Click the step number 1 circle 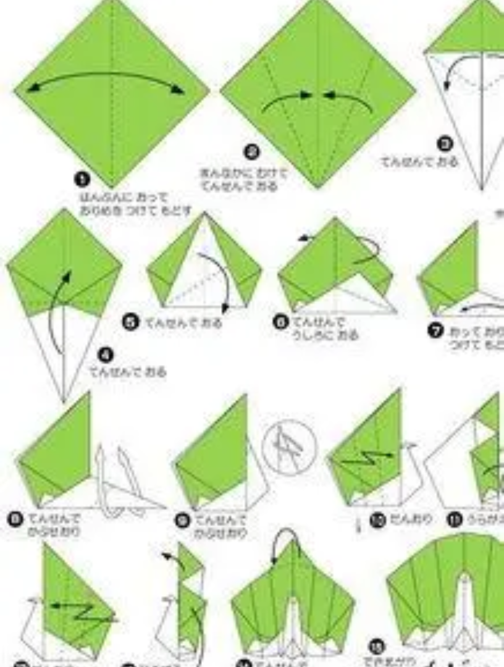[83, 179]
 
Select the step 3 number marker [446, 144]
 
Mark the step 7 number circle [437, 331]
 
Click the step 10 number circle [377, 519]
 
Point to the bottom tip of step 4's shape [64, 400]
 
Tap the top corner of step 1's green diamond [112, 2]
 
